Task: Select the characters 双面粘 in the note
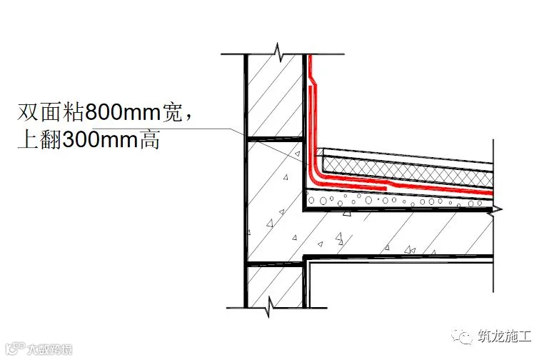[x=51, y=113]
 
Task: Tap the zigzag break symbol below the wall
[x=269, y=308]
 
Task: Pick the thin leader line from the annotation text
[x=214, y=129]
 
